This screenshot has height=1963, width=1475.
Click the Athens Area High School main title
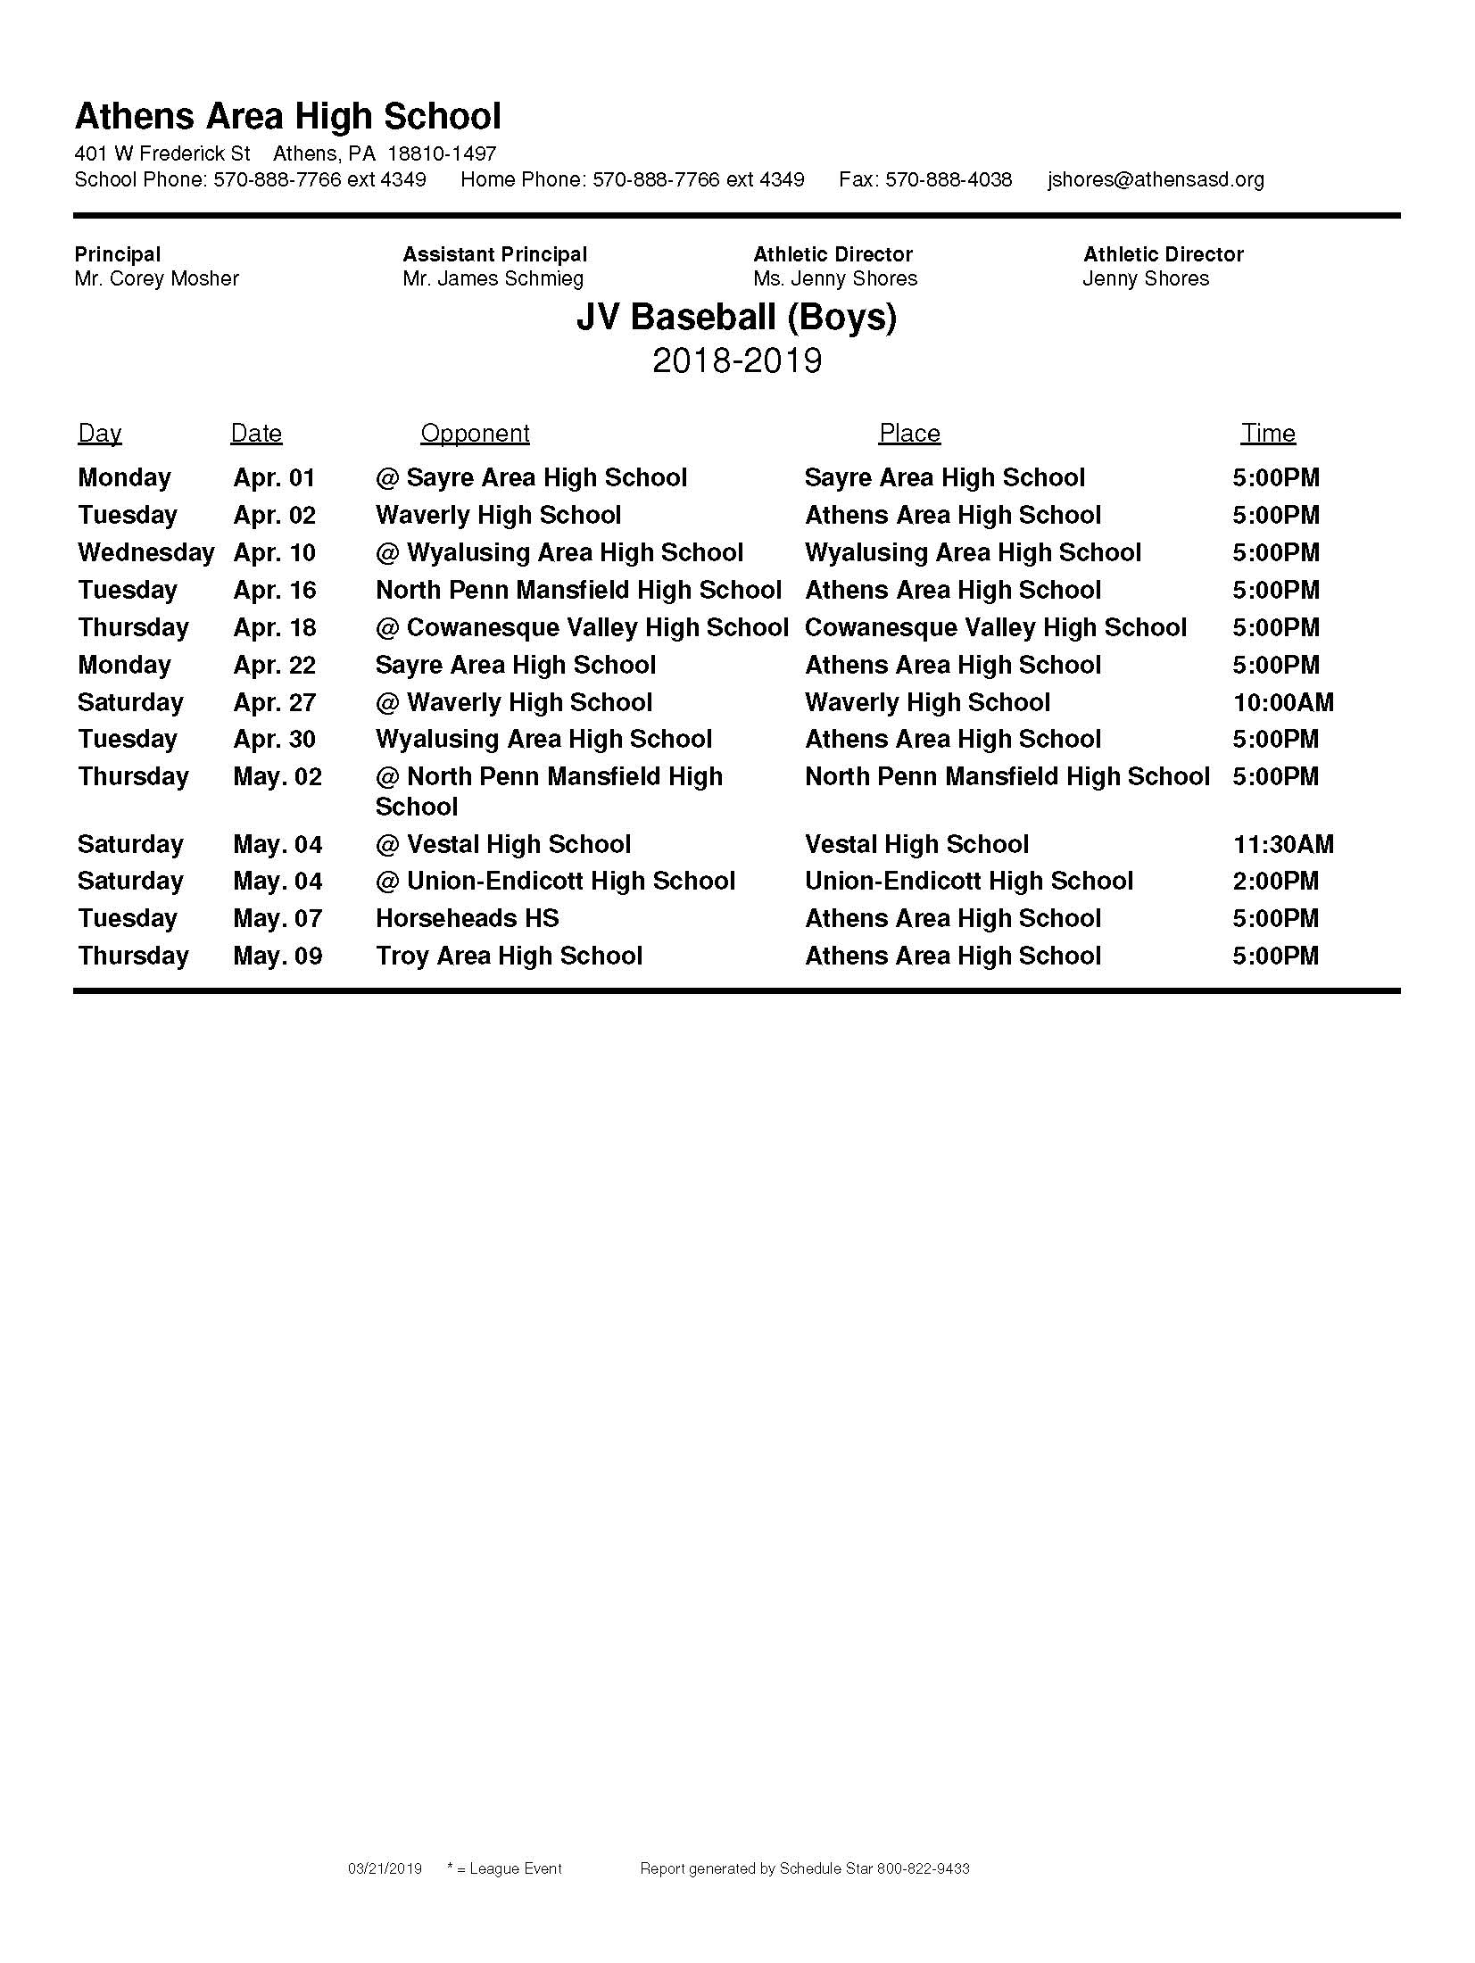pos(287,117)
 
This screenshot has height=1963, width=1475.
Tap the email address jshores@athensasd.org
pos(1156,179)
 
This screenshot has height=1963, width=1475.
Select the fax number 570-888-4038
pos(925,179)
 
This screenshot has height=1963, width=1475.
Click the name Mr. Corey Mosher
pos(157,278)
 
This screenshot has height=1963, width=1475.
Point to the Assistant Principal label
pos(495,254)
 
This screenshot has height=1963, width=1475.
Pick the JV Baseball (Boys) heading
pos(736,318)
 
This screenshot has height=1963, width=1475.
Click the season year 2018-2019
pos(737,360)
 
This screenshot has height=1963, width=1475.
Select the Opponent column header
pos(475,434)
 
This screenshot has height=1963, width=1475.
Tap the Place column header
pos(909,434)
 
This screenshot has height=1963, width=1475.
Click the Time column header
pos(1268,434)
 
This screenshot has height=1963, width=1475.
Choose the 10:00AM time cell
pos(1283,702)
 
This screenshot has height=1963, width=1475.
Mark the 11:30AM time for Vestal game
pos(1283,844)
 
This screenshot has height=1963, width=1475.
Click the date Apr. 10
pos(275,553)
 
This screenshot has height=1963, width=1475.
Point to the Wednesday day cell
pos(146,553)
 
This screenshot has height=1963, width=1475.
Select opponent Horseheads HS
pos(467,918)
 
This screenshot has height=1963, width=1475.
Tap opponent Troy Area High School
pos(509,956)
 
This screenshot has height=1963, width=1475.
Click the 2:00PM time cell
pos(1275,881)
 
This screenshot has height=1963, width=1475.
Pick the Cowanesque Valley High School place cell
pos(996,627)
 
